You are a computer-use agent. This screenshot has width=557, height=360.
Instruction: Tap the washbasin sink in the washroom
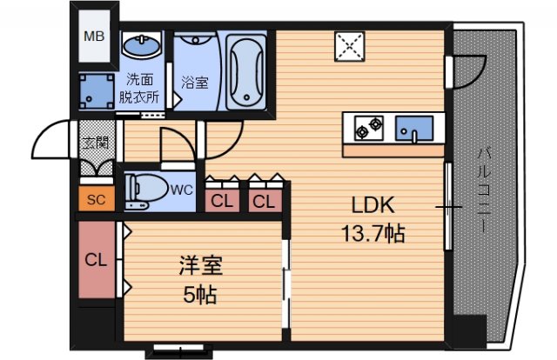(142, 45)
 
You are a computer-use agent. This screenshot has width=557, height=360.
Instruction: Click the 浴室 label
(194, 83)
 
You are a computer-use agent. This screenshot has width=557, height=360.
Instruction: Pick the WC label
(182, 189)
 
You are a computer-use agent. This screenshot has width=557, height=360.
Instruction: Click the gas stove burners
(368, 130)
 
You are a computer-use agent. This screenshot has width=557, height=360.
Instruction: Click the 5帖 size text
(199, 295)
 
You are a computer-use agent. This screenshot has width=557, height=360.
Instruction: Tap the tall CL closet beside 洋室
(96, 260)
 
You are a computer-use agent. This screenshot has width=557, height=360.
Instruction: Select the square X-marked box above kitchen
(352, 48)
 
